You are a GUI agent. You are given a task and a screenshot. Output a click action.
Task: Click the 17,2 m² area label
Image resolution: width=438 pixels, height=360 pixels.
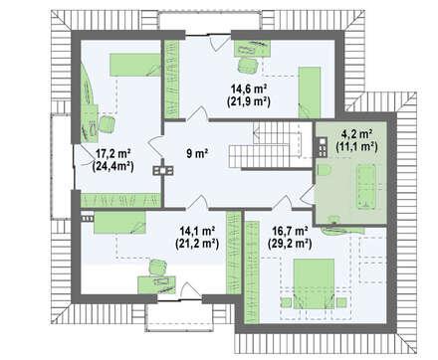pos(112,153)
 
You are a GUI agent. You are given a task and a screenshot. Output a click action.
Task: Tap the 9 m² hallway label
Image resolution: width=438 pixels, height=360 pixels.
pos(197,153)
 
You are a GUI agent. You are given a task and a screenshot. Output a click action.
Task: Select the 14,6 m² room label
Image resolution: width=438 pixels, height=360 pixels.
pos(249,89)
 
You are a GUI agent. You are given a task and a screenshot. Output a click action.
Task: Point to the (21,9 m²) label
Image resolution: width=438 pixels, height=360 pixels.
pos(249,101)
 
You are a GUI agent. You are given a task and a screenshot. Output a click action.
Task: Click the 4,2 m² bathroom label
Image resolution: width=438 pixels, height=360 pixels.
pos(356,134)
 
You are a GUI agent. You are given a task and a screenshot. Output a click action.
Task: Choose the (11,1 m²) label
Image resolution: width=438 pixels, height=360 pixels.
pos(356,146)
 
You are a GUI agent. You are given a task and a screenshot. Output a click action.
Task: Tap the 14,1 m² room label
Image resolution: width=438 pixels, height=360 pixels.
pos(197,231)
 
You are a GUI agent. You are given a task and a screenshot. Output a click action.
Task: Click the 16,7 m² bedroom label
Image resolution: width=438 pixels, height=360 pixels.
pos(290,231)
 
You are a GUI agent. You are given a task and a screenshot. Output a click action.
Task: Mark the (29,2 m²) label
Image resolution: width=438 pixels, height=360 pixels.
pos(290,244)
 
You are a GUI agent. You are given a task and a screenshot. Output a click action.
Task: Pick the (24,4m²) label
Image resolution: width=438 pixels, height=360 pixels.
pos(112,166)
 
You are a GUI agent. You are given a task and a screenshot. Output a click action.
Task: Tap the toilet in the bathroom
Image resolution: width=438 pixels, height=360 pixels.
pos(325,170)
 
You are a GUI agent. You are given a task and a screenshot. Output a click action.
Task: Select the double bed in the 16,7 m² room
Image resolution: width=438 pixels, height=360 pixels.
pos(314,283)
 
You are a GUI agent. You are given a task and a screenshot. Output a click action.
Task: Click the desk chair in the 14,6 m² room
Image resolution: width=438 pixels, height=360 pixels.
pos(248,66)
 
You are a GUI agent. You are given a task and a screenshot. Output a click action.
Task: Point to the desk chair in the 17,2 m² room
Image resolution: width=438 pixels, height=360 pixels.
pos(108,124)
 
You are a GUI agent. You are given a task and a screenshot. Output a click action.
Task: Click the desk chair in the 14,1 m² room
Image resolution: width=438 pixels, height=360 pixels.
pos(158,268)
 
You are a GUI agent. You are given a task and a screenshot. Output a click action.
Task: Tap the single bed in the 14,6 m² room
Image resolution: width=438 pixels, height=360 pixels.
pos(310,92)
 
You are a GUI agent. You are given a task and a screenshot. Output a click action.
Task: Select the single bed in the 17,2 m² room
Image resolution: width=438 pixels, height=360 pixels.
pos(135,65)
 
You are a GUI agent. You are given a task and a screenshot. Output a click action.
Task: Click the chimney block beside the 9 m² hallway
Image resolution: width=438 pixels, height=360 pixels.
pos(163,170)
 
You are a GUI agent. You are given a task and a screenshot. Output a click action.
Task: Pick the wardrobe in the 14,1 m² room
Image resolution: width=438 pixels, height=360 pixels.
pos(234,253)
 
